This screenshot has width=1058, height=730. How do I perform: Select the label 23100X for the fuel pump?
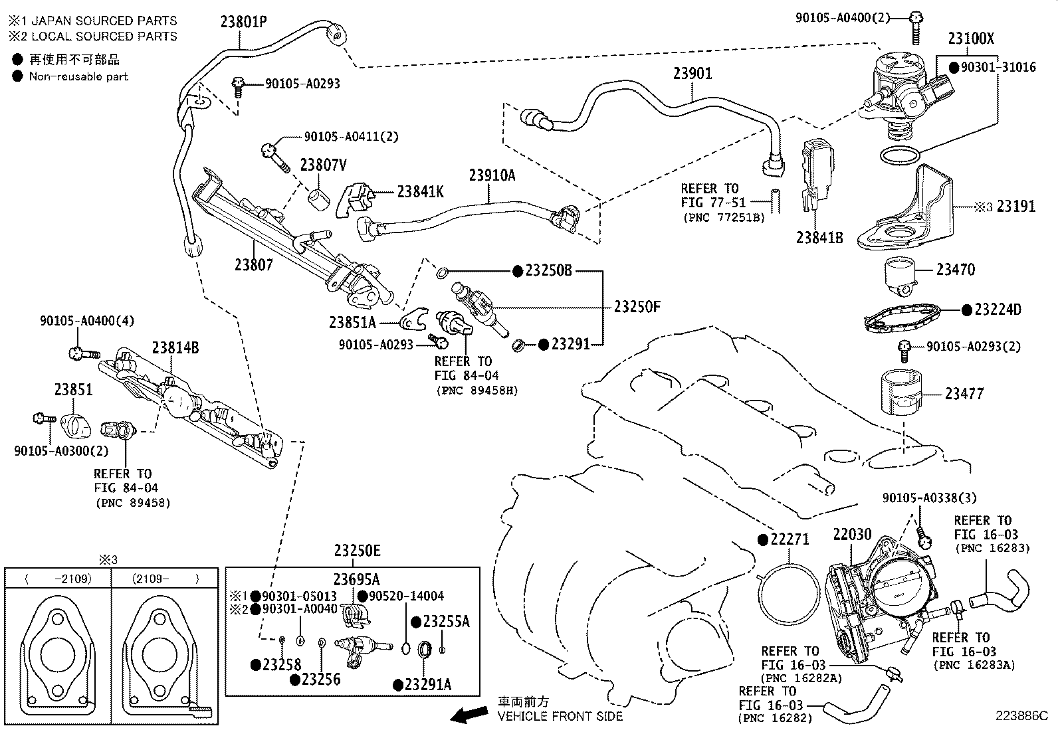(971, 39)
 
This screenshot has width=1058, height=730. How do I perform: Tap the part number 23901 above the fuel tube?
(692, 73)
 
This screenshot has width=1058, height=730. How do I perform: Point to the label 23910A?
(492, 175)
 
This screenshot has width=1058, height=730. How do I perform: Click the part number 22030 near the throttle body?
(851, 534)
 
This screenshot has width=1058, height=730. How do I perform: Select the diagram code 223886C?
(1021, 716)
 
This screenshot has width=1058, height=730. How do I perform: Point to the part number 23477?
(964, 394)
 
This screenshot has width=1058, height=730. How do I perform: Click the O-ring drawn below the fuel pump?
(900, 155)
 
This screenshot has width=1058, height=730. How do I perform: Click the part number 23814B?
(175, 347)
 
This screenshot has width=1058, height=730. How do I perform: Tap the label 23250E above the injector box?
(357, 551)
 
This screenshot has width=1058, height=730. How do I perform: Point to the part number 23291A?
(427, 685)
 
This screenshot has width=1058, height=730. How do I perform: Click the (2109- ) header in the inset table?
(165, 579)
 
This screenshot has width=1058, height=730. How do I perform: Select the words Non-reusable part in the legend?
(78, 76)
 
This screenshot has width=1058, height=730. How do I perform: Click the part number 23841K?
(419, 192)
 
